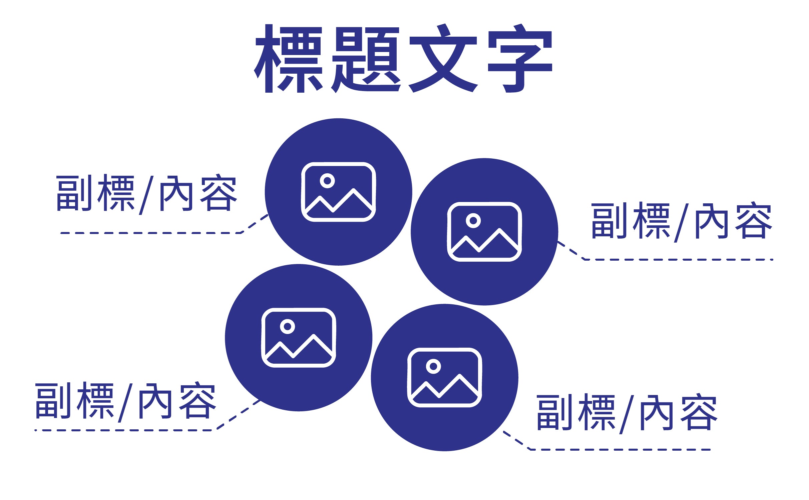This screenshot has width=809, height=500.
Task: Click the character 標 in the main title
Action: click(x=289, y=59)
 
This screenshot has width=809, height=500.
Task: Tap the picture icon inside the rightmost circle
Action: click(x=484, y=232)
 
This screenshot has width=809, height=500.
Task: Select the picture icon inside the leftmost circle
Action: click(x=299, y=338)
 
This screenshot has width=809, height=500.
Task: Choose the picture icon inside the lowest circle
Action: click(x=444, y=378)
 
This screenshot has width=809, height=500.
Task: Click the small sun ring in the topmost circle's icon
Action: click(x=327, y=181)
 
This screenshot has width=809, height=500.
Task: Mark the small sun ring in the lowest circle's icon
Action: click(x=433, y=366)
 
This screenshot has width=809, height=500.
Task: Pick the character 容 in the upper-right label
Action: click(x=754, y=221)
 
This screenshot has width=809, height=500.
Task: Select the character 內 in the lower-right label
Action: click(x=655, y=413)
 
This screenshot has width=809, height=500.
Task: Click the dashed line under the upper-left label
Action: click(x=150, y=233)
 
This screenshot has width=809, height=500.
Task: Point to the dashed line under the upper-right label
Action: click(x=677, y=259)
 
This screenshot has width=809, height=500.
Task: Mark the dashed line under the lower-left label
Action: click(x=123, y=430)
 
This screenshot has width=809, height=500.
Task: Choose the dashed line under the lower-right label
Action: click(x=621, y=450)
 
